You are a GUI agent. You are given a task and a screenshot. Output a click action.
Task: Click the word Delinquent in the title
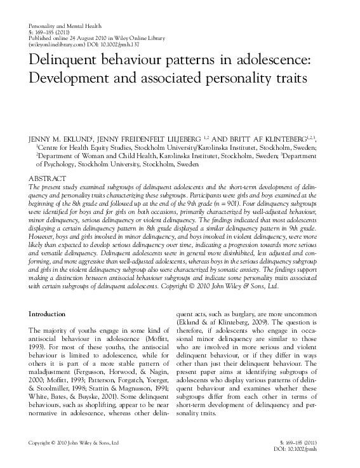pyautogui.click(x=65, y=64)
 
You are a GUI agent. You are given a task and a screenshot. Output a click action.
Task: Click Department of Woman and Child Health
pyautogui.click(x=95, y=154)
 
